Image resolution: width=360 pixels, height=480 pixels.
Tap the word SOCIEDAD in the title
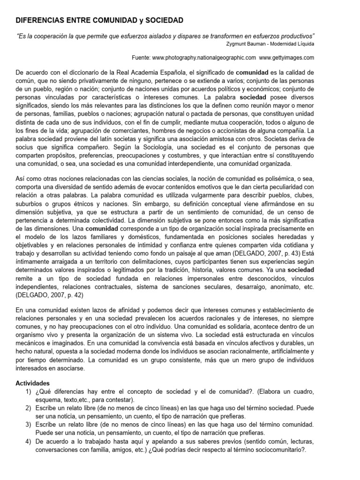pos(160,21)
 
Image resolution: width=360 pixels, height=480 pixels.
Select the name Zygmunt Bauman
pos(245,44)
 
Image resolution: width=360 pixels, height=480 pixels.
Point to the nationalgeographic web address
pos(204,57)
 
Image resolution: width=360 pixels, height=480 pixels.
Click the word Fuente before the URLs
pos(142,57)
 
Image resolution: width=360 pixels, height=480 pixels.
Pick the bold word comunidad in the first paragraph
pos(252,73)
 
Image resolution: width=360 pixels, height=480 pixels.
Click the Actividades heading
pos(32,383)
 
